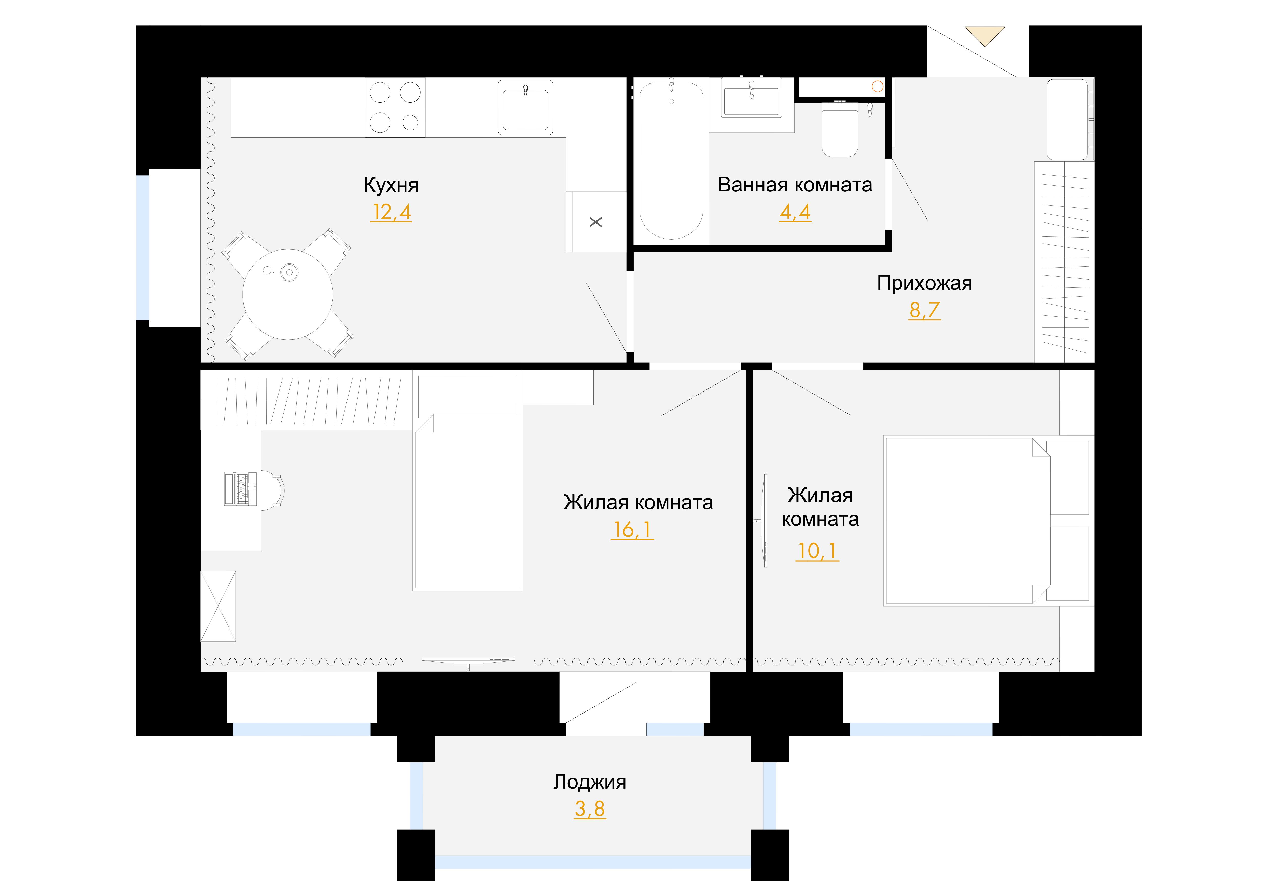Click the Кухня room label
point(391,185)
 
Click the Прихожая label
point(924,283)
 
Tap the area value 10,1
point(817,551)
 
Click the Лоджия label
point(590,782)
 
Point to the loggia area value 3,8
point(590,809)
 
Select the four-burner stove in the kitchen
point(395,107)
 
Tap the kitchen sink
point(525,107)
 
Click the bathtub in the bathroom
point(671,161)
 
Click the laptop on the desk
point(240,488)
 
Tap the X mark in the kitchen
point(596,222)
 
